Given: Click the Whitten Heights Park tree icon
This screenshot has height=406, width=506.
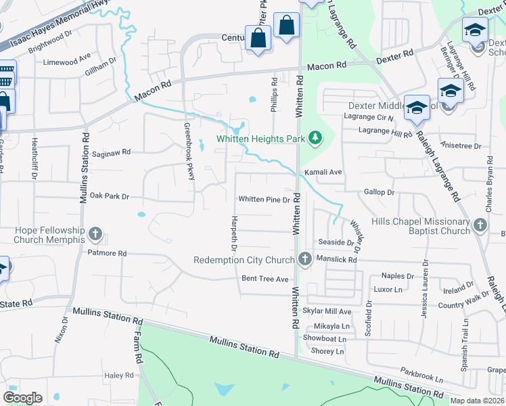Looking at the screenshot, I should coord(315,139).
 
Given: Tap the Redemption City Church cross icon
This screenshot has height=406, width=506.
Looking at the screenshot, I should coord(305,259).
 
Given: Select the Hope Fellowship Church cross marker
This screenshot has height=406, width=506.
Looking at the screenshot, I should coord(95,235).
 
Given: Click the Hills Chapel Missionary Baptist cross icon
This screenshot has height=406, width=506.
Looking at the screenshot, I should coord(480,226).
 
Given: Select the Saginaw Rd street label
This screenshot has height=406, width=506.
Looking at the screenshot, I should coord(112,153).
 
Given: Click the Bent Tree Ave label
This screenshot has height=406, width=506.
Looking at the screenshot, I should coord(265,279).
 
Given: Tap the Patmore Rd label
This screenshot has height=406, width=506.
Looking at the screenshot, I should coord(107,253).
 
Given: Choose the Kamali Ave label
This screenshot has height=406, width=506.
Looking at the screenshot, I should coord(323,173).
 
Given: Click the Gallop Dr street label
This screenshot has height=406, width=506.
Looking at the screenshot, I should coord(379,193).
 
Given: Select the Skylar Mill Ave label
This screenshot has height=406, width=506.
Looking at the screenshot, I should coord(327,311).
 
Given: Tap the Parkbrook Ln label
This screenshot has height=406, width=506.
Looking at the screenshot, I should coord(421,371).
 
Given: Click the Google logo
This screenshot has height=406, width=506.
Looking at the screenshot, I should coord(22,397).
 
